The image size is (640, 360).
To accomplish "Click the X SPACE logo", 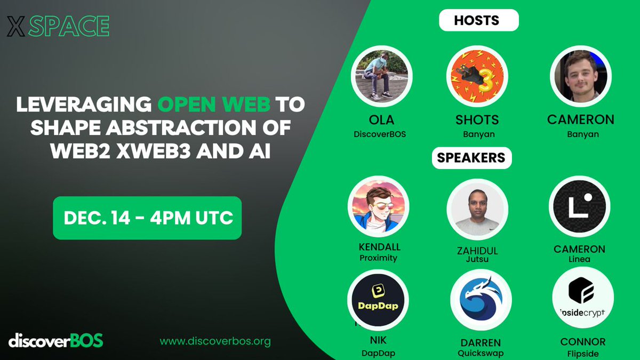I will (58, 26).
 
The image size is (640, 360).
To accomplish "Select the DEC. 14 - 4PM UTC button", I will (147, 218).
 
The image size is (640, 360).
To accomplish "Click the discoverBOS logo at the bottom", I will (55, 340).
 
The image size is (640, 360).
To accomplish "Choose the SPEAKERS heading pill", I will (471, 158).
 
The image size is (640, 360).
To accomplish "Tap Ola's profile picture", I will (381, 76).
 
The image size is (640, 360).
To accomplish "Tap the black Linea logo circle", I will (580, 207).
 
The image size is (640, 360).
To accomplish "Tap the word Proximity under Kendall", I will (378, 258).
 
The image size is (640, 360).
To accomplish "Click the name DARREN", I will (481, 343).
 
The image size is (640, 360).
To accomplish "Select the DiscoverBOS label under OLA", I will (380, 134).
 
